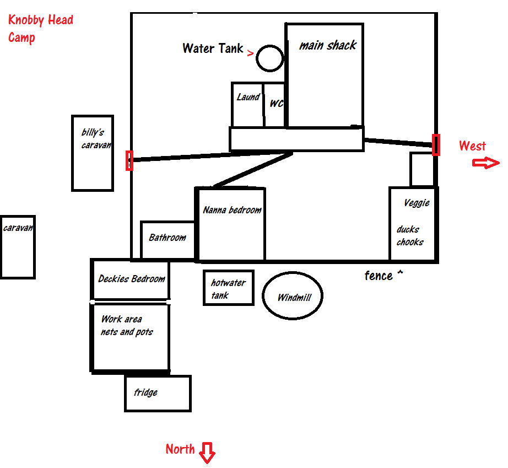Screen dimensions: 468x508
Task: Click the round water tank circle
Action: point(270,58)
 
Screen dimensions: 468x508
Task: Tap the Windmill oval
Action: point(293,297)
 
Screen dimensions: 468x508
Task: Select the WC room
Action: point(275,105)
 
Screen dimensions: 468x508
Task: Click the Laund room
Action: point(247,105)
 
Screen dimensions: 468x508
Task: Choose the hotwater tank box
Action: point(228,288)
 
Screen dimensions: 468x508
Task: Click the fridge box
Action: point(158,393)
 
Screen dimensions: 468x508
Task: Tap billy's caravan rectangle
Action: point(93,153)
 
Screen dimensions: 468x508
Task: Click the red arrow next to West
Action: point(487,163)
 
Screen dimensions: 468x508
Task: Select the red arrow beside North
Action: point(208,453)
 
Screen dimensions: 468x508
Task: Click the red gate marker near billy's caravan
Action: point(129,160)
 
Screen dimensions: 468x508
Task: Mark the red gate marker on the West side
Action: point(436,145)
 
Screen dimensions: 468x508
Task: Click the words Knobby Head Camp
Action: point(40,29)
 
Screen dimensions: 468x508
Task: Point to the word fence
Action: point(379,276)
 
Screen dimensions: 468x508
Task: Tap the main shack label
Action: point(328,45)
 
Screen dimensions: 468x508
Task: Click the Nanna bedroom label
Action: point(232,210)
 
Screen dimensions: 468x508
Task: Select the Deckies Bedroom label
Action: point(132,279)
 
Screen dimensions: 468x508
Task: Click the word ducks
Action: point(408,229)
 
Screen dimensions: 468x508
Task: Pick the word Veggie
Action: point(417,203)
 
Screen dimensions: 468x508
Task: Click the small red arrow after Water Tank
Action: point(251,53)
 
